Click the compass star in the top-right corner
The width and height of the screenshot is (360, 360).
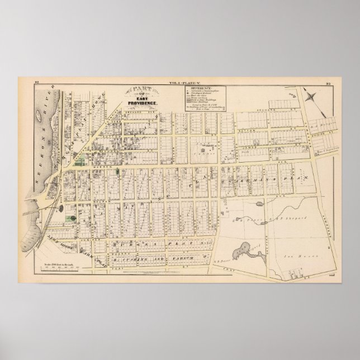(x=320, y=98)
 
